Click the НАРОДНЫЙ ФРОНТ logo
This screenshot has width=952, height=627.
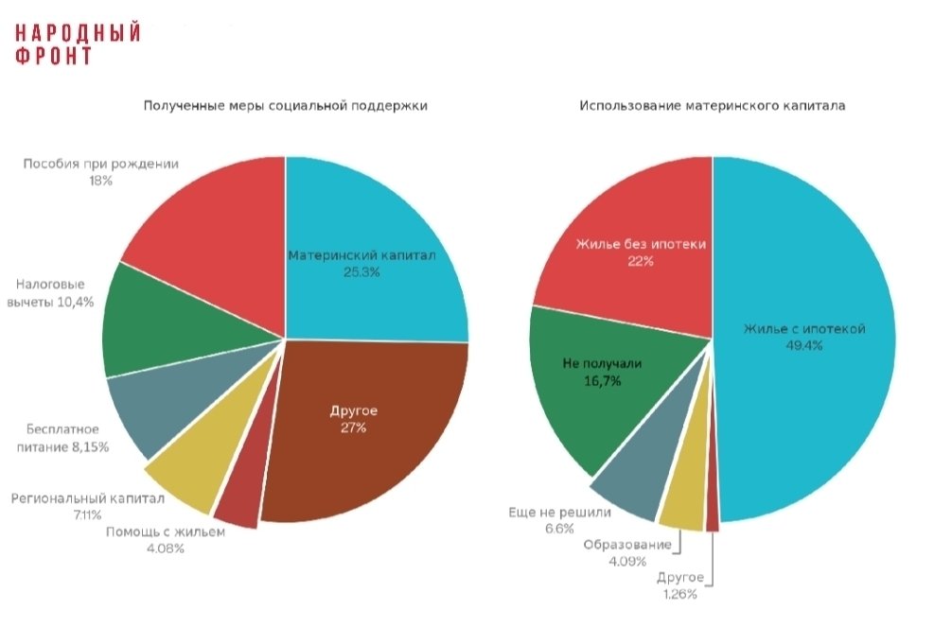[78, 44]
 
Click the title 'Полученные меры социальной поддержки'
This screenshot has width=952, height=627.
[285, 106]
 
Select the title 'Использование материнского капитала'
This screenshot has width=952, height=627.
[712, 106]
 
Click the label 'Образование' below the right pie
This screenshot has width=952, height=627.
[627, 545]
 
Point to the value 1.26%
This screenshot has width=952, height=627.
[679, 594]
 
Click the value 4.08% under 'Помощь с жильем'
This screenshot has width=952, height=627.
[165, 549]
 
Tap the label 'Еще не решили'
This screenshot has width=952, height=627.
[560, 513]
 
